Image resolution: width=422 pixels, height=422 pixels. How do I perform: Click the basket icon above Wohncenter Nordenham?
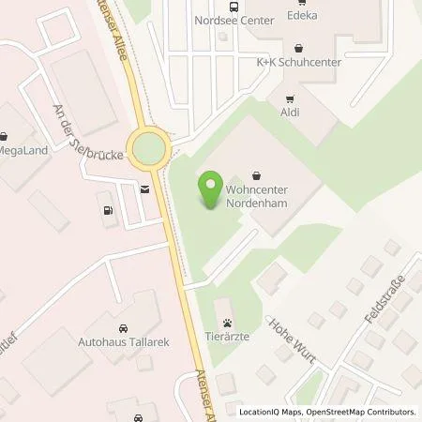pos(258,174)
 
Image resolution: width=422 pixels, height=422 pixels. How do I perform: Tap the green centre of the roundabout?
pos(148,147)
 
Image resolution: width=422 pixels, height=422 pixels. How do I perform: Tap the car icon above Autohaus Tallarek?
pos(123,329)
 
